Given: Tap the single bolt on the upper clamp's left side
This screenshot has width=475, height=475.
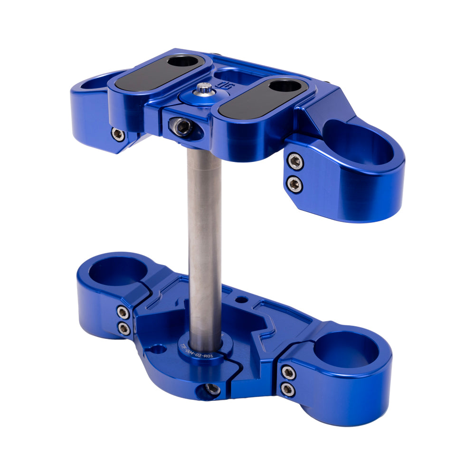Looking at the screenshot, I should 118,134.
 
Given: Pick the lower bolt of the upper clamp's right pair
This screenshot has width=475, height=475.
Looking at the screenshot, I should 295,184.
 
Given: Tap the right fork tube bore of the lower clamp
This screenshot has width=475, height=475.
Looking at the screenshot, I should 346,352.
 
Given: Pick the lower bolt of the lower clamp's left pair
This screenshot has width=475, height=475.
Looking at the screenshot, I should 124,328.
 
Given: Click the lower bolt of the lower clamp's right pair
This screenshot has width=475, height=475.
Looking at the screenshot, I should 288,390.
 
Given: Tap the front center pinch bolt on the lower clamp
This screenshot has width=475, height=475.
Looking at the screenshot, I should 212,389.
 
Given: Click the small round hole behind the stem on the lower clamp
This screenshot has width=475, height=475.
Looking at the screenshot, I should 243,300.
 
